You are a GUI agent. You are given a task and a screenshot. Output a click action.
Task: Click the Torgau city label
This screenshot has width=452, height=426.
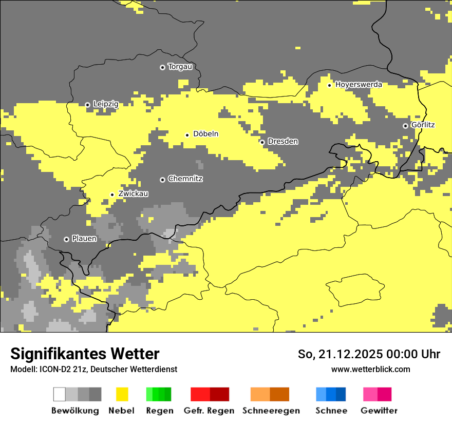pyautogui.click(x=180, y=67)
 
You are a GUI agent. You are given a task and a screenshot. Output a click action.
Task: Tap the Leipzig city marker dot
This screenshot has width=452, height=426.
pyautogui.click(x=88, y=105)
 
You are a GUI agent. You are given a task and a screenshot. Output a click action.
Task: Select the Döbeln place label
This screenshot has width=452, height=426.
pyautogui.click(x=205, y=134)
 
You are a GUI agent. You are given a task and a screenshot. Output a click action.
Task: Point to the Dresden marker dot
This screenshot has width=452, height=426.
pyautogui.click(x=262, y=142)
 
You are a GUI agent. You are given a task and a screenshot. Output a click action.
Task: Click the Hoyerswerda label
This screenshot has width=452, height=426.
pyautogui.click(x=359, y=85)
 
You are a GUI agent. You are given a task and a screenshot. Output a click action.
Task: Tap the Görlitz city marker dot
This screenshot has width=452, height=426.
pyautogui.click(x=405, y=126)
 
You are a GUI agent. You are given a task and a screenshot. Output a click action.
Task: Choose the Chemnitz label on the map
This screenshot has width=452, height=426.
pyautogui.click(x=185, y=179)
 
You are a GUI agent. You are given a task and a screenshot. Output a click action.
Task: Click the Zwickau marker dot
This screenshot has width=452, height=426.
pyautogui.click(x=112, y=195)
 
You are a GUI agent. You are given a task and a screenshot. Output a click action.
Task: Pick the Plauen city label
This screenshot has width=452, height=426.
pyautogui.click(x=84, y=239)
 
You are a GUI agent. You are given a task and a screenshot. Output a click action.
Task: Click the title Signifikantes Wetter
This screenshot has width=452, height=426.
pyautogui.click(x=85, y=354)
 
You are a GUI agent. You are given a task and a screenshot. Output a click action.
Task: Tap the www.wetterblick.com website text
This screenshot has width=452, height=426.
pyautogui.click(x=370, y=370)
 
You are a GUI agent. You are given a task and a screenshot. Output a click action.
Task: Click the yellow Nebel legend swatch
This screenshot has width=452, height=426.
pyautogui.click(x=122, y=394)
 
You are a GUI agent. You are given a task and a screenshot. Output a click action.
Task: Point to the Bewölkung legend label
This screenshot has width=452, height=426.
pyautogui.click(x=75, y=411)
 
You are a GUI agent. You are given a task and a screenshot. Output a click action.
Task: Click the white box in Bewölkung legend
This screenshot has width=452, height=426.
pyautogui.click(x=60, y=394)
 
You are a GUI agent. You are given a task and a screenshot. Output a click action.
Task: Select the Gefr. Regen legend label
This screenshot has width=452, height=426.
pyautogui.click(x=209, y=411)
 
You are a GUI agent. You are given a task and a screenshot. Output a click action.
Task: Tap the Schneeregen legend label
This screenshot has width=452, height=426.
pyautogui.click(x=271, y=411)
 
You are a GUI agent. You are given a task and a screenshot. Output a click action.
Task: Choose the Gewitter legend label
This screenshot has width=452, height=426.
pyautogui.click(x=379, y=411)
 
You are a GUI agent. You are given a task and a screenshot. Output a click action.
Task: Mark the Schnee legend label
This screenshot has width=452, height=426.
pyautogui.click(x=331, y=411)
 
